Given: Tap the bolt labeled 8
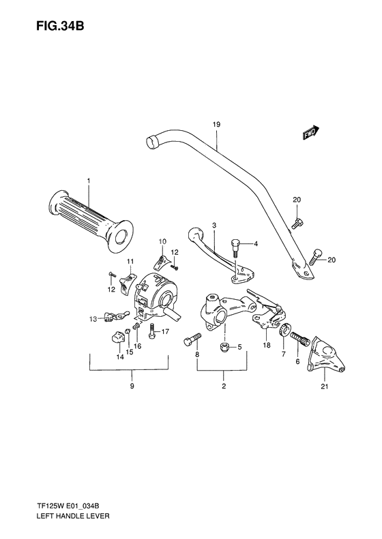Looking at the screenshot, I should [192, 340].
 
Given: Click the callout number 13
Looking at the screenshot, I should [92, 318].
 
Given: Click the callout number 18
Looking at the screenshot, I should [266, 346].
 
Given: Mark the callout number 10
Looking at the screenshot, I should [163, 241].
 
